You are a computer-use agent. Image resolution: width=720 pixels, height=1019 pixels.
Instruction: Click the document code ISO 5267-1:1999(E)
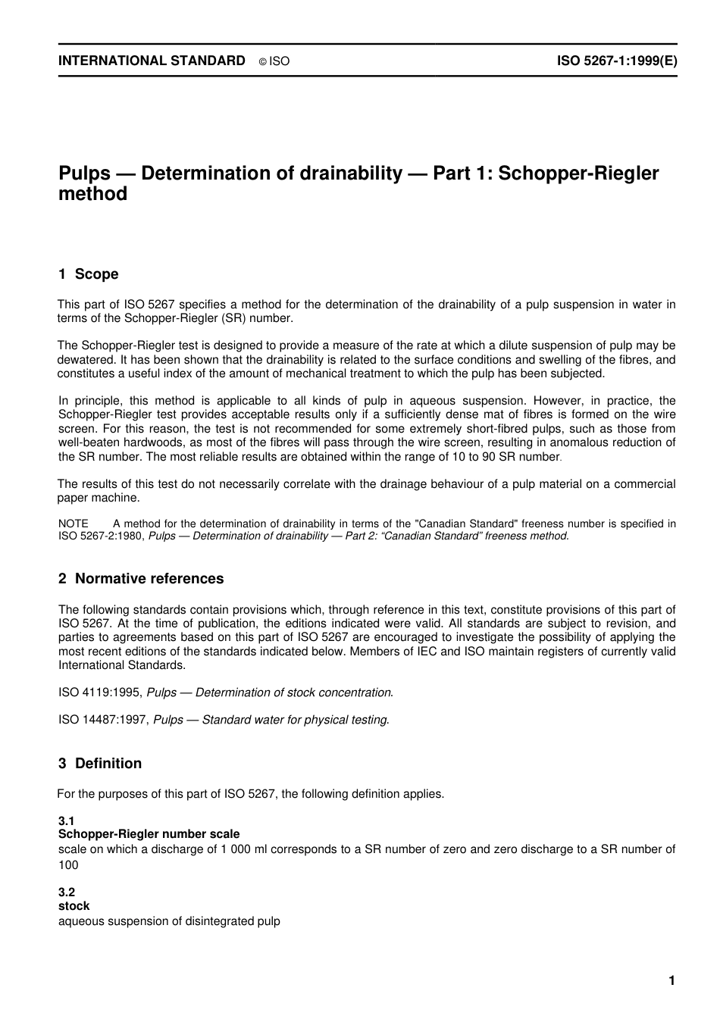point(617,61)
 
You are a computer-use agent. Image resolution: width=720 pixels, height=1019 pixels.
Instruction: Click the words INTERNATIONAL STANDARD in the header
point(152,61)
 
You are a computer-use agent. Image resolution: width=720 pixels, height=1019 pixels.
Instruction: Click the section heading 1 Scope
point(89,274)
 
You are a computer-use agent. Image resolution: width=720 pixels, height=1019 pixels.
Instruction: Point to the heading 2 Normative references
point(141,579)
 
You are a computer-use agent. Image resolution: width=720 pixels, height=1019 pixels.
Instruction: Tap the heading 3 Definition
point(100,764)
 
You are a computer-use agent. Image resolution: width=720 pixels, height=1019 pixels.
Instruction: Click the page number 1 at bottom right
point(671,981)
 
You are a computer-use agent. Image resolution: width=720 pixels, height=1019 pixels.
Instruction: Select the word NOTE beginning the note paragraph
point(74,524)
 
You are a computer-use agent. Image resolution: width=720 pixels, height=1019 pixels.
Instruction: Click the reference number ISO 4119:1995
point(100,692)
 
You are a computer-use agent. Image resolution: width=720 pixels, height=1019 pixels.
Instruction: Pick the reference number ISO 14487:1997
point(103,720)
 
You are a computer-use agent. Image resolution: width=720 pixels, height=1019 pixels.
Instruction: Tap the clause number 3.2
point(67,892)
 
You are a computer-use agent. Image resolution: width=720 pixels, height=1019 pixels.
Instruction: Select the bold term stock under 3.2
point(74,906)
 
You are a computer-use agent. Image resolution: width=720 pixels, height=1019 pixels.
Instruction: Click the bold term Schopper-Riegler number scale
point(149,834)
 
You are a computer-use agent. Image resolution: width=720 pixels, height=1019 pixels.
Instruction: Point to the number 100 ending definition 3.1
point(68,864)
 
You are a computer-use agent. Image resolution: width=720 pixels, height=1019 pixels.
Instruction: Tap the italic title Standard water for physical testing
point(295,720)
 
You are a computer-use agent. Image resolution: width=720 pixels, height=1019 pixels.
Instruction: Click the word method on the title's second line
point(92,195)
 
